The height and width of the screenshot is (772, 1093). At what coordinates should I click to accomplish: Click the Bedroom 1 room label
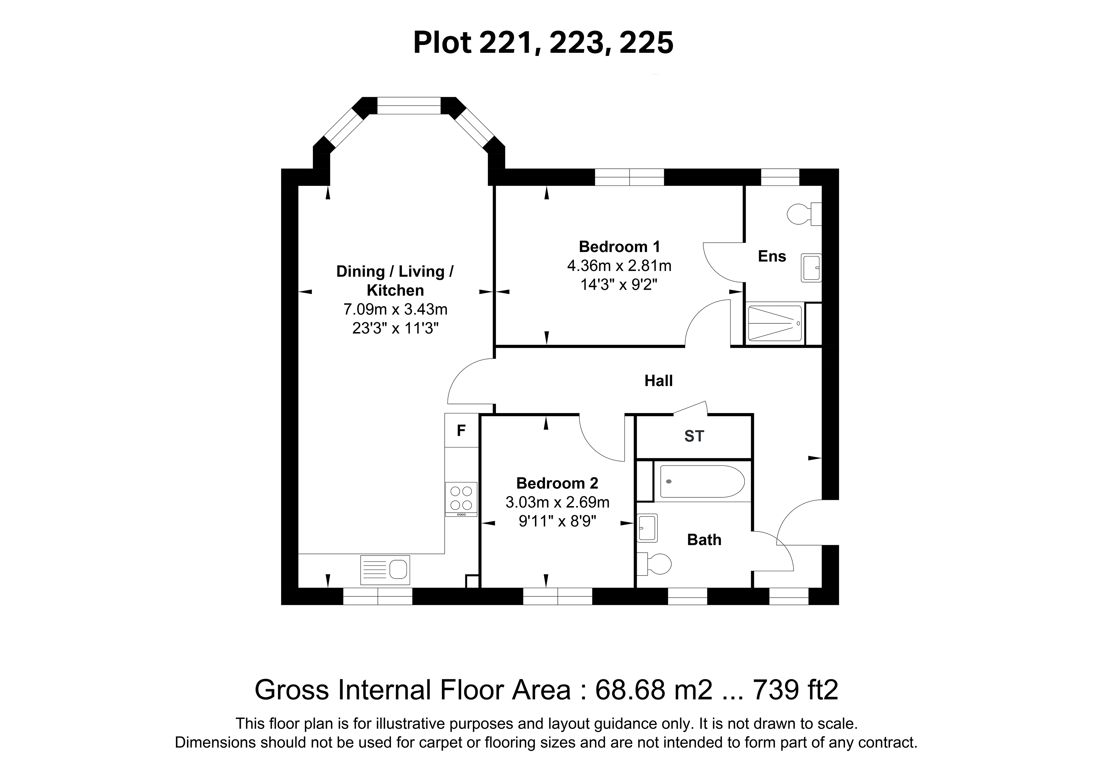619,247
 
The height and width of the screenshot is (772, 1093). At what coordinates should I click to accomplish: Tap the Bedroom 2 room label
557,483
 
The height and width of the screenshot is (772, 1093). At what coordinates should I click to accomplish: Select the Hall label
658,381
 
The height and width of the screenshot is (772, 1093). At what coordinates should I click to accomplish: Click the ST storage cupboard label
694,436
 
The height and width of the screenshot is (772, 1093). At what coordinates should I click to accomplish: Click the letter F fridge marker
461,431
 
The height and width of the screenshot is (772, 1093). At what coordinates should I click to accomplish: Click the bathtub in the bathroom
702,481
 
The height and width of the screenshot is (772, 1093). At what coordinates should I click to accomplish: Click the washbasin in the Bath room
647,528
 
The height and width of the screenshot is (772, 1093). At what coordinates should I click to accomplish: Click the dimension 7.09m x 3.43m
395,310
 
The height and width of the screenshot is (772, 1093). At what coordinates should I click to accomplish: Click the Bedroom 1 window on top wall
629,177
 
